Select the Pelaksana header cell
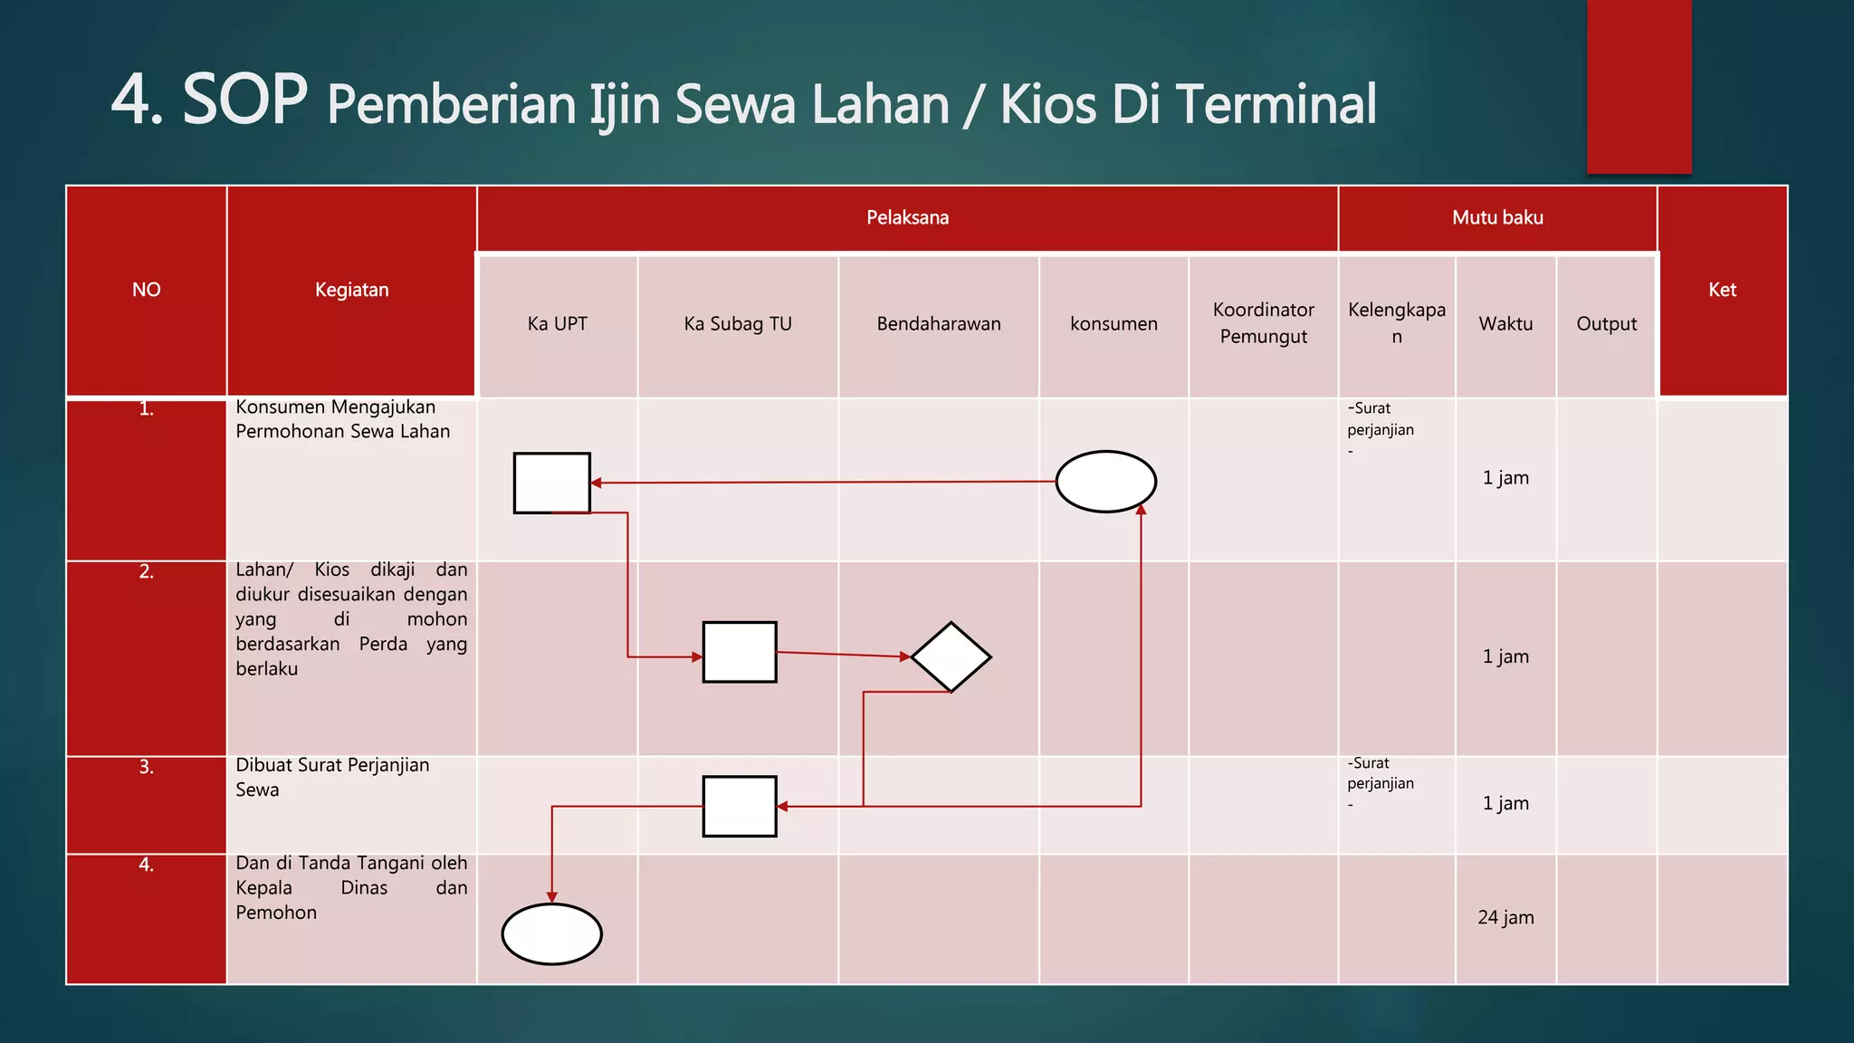[907, 217]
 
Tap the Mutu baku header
[1497, 217]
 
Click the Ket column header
[1722, 290]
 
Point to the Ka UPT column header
[558, 324]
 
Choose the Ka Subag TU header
[738, 324]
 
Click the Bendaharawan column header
[939, 324]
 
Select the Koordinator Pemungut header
[1263, 323]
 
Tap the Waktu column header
[1505, 324]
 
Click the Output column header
[1606, 324]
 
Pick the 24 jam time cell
[1505, 917]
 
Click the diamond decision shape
[951, 656]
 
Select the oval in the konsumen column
[1105, 482]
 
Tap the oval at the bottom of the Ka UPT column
[551, 933]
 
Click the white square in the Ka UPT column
[552, 483]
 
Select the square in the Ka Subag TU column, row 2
[740, 652]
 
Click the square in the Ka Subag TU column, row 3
[740, 806]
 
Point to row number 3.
[146, 767]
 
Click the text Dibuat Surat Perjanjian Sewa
[331, 777]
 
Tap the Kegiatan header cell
[351, 290]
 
